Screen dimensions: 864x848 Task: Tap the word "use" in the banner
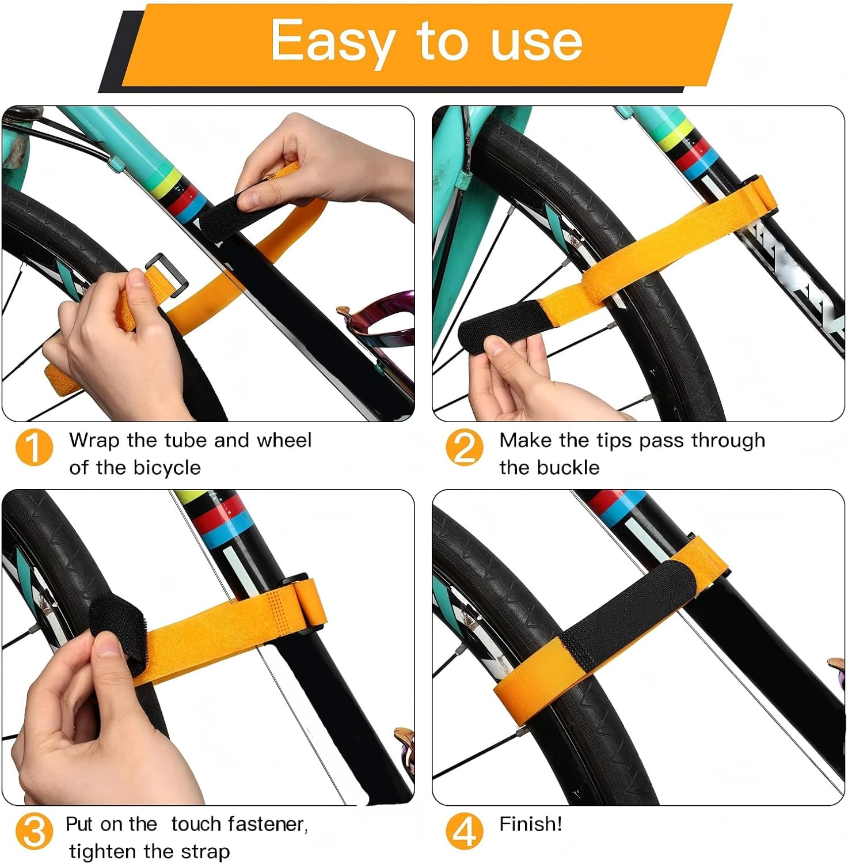[537, 41]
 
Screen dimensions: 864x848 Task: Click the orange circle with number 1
[34, 448]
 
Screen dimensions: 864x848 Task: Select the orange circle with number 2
[464, 448]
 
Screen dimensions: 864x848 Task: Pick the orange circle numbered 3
[34, 832]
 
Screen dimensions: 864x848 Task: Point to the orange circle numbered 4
[464, 832]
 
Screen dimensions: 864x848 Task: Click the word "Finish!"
[530, 824]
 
